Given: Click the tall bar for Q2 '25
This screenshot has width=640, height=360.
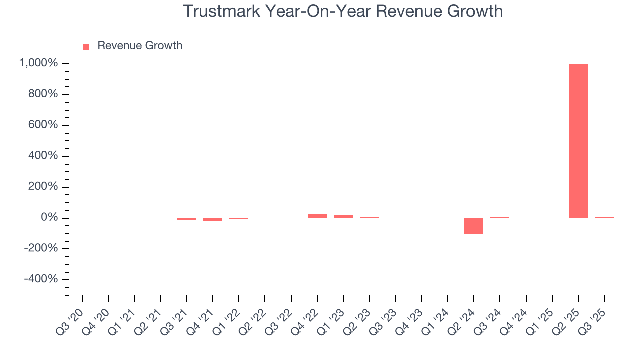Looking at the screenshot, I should click(578, 141).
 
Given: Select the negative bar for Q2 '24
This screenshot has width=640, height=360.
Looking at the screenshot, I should click(473, 226).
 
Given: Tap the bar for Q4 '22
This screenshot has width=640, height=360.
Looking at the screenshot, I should click(317, 216).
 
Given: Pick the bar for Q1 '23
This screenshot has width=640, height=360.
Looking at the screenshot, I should click(343, 216).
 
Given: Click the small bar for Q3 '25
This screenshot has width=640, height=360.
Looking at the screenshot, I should click(604, 217).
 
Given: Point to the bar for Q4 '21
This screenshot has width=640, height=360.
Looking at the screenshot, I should click(212, 219).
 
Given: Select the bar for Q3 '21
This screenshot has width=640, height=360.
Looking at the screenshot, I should click(186, 219).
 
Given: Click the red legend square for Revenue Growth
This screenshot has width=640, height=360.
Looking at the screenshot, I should click(86, 46).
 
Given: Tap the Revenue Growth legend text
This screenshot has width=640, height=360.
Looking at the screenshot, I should click(140, 46).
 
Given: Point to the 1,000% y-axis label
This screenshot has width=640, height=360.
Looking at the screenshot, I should click(38, 63).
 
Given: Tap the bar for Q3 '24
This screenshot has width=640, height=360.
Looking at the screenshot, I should click(499, 217).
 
